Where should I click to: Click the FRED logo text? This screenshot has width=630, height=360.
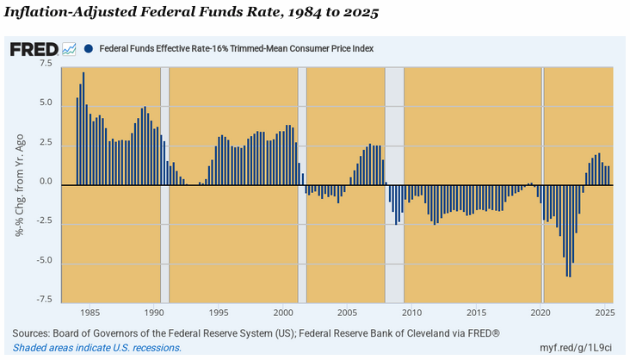[x=34, y=49]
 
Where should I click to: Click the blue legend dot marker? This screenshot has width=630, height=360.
[x=90, y=49]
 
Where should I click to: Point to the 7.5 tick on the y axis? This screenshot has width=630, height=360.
[x=45, y=65]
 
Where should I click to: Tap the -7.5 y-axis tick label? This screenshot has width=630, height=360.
[x=43, y=301]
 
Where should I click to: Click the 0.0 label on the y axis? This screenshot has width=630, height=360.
[x=45, y=183]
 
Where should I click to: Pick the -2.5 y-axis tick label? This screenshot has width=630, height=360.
[x=43, y=221]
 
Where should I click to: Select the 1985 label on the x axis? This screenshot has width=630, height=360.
[x=90, y=313]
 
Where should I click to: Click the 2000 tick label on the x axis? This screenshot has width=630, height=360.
[x=284, y=313]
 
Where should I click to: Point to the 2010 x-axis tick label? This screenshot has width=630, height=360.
[x=413, y=313]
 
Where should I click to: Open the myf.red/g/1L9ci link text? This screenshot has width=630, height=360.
[x=576, y=347]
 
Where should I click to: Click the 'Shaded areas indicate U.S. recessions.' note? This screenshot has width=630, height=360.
[x=97, y=347]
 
